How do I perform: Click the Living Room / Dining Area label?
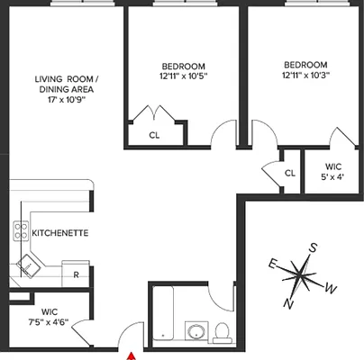(68, 83)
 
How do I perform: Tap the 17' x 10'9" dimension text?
(68, 100)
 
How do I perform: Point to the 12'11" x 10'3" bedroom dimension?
(305, 76)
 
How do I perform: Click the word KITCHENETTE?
(59, 233)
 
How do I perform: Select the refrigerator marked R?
(77, 274)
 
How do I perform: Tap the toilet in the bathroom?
(220, 331)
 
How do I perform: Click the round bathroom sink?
(196, 331)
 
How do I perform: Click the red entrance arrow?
(132, 356)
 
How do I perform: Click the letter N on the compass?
(288, 303)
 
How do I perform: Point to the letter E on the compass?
(272, 264)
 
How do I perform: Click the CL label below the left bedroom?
(155, 135)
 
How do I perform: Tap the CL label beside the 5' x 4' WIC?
(289, 174)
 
